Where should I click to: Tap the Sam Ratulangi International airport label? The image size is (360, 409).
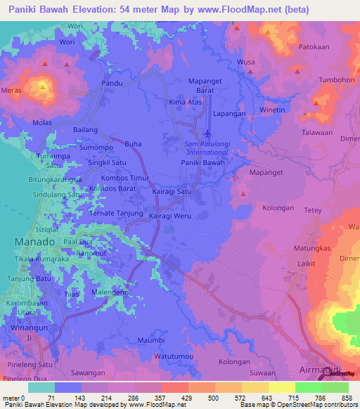(208, 148)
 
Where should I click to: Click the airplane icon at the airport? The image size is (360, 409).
(207, 133)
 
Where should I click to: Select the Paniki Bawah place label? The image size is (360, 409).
(202, 163)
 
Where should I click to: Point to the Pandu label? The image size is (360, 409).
(112, 83)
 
